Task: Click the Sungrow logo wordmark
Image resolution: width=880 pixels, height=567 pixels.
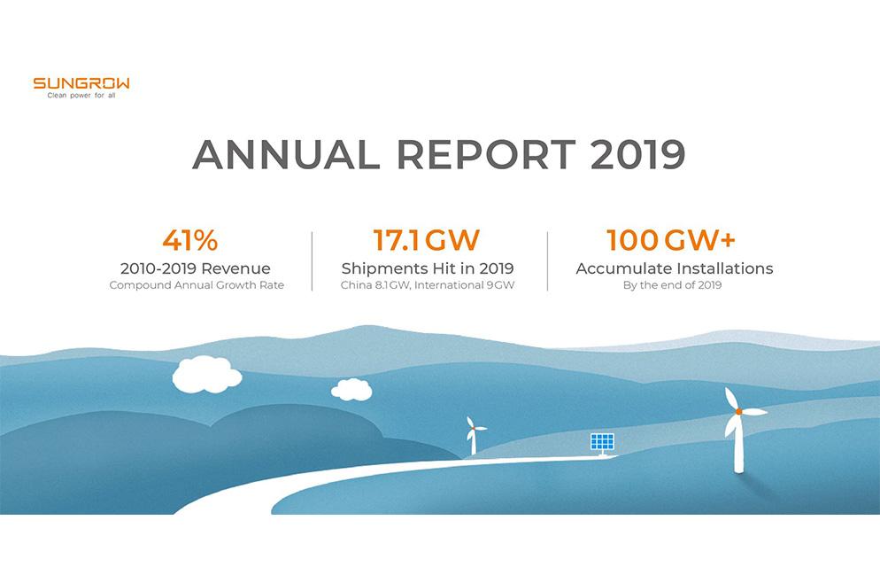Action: click(81, 83)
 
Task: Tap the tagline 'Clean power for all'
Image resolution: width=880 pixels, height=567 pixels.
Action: click(81, 96)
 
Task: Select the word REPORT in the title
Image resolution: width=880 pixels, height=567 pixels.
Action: click(486, 155)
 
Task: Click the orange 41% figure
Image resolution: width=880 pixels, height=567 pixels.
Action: click(189, 240)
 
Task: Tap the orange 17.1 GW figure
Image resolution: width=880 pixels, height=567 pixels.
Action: click(427, 240)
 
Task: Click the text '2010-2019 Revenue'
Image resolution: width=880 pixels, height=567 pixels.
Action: click(196, 268)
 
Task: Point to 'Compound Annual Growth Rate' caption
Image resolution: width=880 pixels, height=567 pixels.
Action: click(197, 285)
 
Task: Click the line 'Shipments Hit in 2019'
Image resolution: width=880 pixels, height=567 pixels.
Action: click(428, 268)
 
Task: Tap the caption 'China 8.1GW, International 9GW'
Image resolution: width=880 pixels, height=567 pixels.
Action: click(428, 285)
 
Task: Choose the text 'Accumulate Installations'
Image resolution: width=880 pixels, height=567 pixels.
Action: click(675, 268)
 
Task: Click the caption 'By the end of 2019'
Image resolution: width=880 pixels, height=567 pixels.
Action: click(675, 285)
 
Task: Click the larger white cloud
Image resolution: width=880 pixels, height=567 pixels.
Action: click(206, 374)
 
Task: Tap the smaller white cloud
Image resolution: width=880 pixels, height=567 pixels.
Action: click(351, 389)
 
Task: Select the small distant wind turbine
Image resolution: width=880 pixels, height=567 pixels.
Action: click(474, 433)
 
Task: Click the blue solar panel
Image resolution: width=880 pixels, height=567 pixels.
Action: click(602, 441)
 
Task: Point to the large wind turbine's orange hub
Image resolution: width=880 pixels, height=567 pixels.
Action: click(738, 411)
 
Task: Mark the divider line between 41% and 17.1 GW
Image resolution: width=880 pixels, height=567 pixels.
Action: click(312, 261)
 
